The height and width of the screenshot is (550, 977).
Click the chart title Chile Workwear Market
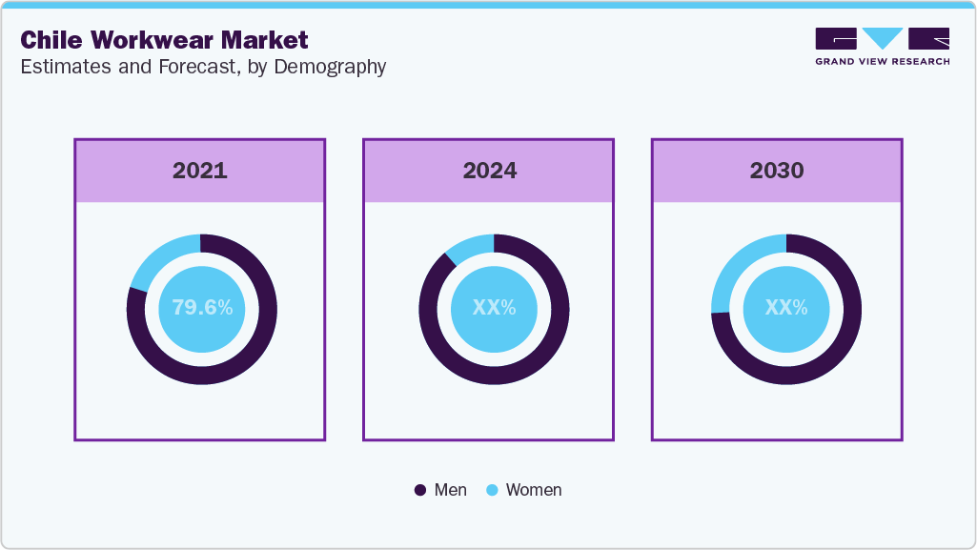164,40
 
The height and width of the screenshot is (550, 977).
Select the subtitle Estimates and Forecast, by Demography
203,67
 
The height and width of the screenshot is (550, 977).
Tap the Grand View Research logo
882,46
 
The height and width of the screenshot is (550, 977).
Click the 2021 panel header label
200,171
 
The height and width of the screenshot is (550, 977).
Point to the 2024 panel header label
490,171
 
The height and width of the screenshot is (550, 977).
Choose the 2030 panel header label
777,171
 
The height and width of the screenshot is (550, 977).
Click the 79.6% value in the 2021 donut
202,308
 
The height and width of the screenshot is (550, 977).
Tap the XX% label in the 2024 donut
494,308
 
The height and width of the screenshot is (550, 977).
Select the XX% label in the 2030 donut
786,308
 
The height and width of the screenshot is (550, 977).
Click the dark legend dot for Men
420,490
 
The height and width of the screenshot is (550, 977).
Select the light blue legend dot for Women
492,490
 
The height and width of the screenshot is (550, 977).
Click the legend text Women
534,490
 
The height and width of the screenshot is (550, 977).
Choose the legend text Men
451,490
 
